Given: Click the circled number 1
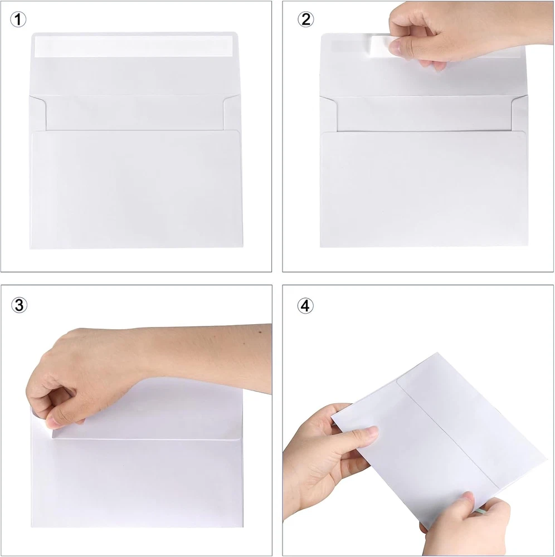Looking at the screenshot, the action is point(18,19).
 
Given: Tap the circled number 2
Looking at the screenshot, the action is point(305,19).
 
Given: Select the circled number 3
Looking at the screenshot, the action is point(19,305).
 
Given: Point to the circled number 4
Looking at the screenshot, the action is point(305,305).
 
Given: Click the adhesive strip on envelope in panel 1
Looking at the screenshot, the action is point(134,46).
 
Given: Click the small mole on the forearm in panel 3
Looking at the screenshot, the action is point(260,333).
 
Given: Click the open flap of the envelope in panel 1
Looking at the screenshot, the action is point(134,64).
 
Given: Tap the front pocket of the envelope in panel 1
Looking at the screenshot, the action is point(137,189).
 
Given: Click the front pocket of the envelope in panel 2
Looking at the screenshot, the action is point(424,189).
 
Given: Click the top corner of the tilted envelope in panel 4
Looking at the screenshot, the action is point(437,353).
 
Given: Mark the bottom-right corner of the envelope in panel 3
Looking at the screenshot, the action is point(243,526).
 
